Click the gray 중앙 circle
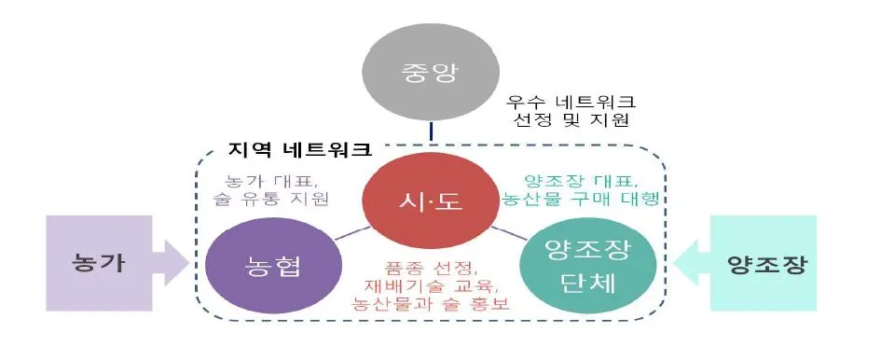(431, 73)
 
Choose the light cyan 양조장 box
(764, 263)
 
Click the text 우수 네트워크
(570, 101)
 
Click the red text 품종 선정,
(429, 266)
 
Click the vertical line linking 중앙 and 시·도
(431, 132)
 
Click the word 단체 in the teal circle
(570, 283)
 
